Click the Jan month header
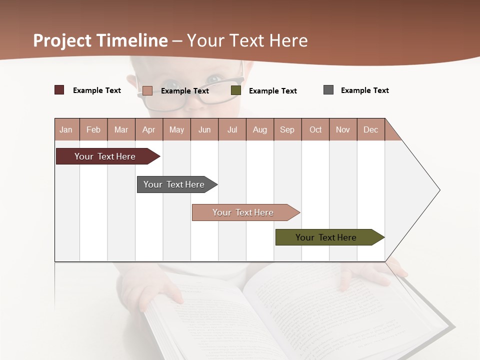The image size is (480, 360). pyautogui.click(x=66, y=129)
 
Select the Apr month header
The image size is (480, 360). pyautogui.click(x=148, y=129)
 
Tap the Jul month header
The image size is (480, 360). pyautogui.click(x=232, y=129)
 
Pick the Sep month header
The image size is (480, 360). pyautogui.click(x=287, y=129)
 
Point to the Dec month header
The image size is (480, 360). pyautogui.click(x=370, y=129)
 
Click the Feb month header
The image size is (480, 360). pyautogui.click(x=93, y=129)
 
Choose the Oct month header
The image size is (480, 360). pyautogui.click(x=315, y=129)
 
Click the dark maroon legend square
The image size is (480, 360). pyautogui.click(x=59, y=90)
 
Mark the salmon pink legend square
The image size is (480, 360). pyautogui.click(x=147, y=90)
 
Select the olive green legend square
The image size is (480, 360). pyautogui.click(x=236, y=90)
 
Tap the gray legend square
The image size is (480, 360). pyautogui.click(x=328, y=90)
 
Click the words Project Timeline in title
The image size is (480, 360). pyautogui.click(x=100, y=40)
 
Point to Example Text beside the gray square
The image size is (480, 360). pyautogui.click(x=364, y=90)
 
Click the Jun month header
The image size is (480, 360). pyautogui.click(x=204, y=129)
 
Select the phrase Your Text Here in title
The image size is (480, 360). pyautogui.click(x=247, y=40)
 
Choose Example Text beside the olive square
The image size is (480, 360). pyautogui.click(x=272, y=91)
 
